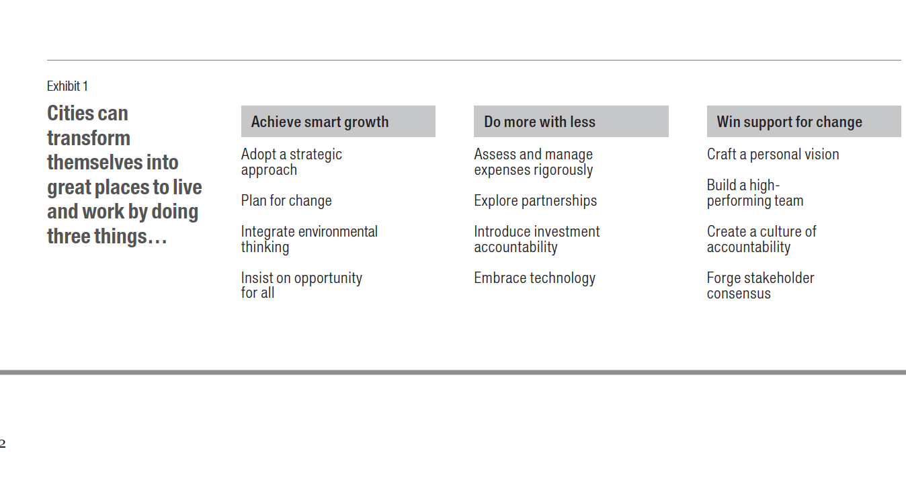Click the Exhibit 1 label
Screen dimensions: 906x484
(x=67, y=86)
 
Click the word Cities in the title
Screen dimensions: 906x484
(x=72, y=113)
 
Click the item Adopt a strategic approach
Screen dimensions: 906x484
(x=292, y=162)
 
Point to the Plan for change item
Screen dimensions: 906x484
(x=286, y=201)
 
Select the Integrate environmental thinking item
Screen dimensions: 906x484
(x=309, y=239)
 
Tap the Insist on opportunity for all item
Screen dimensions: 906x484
(x=302, y=285)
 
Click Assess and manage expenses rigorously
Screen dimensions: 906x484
(x=534, y=162)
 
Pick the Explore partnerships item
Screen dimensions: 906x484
(x=536, y=201)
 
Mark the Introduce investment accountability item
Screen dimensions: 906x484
(x=537, y=239)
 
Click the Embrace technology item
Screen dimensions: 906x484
(x=535, y=278)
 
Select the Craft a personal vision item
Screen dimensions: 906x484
(x=773, y=154)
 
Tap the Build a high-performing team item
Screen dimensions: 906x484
(x=755, y=193)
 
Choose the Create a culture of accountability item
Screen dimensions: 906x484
(x=761, y=239)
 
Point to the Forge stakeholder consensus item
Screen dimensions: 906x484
(x=760, y=285)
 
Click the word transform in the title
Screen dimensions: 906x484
(x=89, y=138)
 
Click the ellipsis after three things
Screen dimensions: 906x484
(x=157, y=241)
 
